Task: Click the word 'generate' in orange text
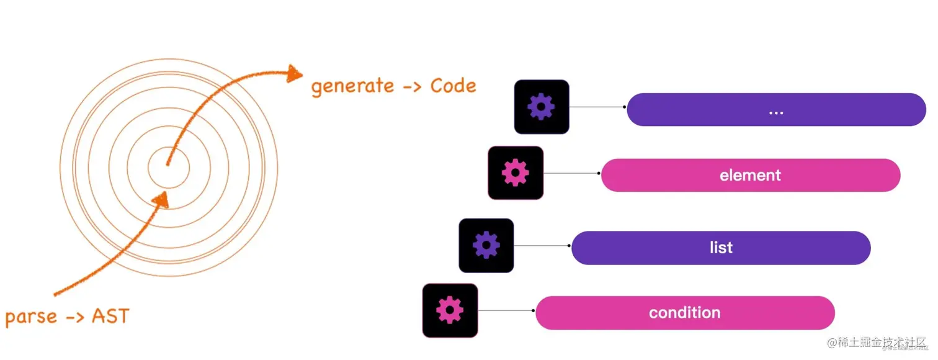351,86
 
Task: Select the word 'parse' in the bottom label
31,317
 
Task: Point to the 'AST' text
110,316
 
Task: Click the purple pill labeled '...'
775,110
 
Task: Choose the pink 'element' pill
750,175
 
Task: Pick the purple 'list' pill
720,248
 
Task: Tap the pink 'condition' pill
684,313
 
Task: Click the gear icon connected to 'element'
515,173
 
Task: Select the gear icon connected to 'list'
486,246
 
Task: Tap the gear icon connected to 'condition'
450,310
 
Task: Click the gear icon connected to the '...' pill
541,107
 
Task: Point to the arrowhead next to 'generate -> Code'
293,74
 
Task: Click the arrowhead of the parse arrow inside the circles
161,199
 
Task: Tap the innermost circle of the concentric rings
168,165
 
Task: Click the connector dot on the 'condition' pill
533,310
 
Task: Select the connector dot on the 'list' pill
569,246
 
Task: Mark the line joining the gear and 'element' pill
571,173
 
